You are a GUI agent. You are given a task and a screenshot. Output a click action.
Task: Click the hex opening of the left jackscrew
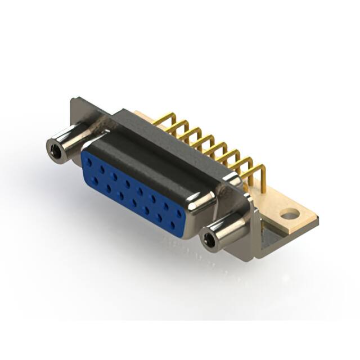coord(55,150)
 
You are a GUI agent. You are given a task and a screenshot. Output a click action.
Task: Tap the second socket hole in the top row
coord(102,169)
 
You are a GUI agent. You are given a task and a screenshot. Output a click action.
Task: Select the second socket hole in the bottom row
coord(107,188)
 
